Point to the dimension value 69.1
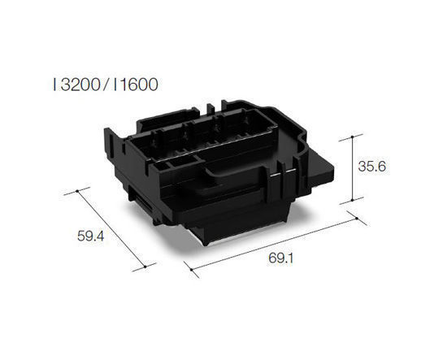pyautogui.click(x=280, y=258)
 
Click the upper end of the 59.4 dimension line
pyautogui.click(x=77, y=191)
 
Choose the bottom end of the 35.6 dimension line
pyautogui.click(x=352, y=200)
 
